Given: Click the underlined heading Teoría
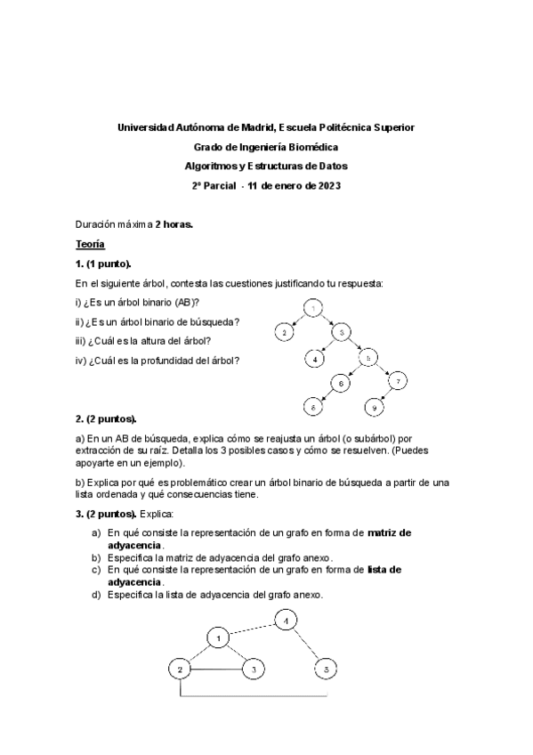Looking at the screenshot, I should point(90,244).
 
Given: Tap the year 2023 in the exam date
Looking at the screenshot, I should point(327,186).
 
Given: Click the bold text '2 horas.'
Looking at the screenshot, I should point(174,224).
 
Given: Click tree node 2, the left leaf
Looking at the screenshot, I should point(284,332).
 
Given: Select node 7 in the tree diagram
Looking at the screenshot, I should point(400,382).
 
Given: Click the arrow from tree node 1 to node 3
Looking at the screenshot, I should point(328,320).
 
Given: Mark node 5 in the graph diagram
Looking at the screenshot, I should point(327,668).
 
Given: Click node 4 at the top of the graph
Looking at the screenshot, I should point(284,621).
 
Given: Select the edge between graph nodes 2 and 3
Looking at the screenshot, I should point(216,668).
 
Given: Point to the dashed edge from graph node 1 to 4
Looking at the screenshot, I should point(251,628).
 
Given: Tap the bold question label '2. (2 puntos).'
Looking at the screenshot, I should point(106,418).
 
